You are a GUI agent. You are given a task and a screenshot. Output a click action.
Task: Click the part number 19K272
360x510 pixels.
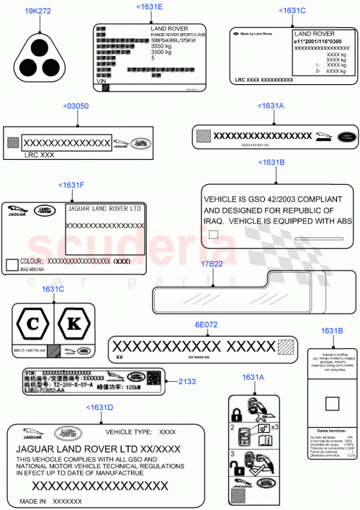point(37,12)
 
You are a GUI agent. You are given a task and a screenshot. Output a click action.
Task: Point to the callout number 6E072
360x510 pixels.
point(206,324)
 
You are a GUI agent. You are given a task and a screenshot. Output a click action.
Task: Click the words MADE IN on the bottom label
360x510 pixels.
point(33,501)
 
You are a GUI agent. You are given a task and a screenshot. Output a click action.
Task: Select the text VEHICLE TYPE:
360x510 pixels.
point(128,432)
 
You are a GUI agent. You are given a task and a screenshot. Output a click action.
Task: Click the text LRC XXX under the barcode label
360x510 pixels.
point(39,155)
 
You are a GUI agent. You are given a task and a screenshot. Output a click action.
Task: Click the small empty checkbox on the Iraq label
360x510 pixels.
point(212,234)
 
